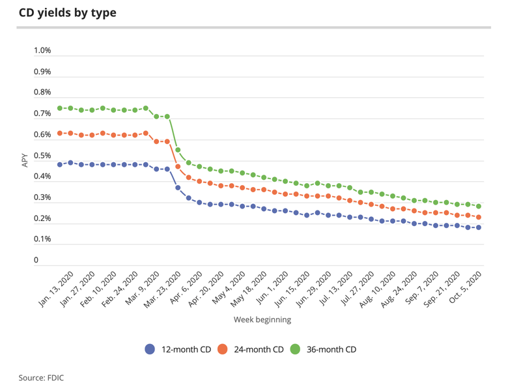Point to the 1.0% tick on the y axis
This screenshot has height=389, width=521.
click(42, 51)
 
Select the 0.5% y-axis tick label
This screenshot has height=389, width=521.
click(42, 156)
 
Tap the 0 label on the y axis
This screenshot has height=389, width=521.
click(36, 261)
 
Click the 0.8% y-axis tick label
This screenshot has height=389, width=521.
click(42, 93)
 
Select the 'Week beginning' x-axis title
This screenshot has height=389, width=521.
click(262, 320)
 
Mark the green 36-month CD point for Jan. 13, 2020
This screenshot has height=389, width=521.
click(60, 108)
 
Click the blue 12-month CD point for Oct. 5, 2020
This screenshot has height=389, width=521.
click(479, 227)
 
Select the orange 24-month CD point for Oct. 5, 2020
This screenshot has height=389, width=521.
click(479, 217)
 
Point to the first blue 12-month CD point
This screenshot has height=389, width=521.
click(60, 164)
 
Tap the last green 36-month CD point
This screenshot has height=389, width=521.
click(479, 206)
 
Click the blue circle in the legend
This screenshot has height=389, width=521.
click(150, 349)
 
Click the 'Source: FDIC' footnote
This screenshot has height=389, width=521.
click(41, 377)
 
